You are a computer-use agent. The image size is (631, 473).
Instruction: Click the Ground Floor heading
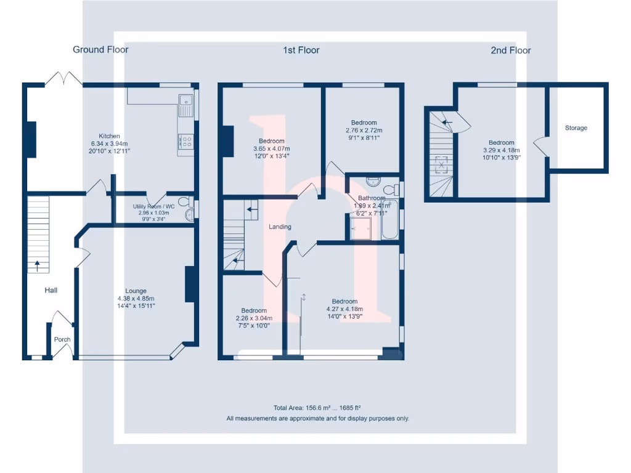(x=100, y=49)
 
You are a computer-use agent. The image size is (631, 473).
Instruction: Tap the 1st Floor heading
(x=301, y=51)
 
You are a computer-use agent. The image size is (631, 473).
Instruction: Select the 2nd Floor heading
(x=511, y=51)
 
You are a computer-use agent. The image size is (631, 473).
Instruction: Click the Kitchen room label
(x=110, y=136)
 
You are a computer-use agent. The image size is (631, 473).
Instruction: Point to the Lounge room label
(x=136, y=291)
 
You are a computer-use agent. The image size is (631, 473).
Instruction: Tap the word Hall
(x=51, y=290)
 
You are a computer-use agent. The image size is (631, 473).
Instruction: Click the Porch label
(x=62, y=339)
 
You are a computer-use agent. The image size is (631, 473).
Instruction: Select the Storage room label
(x=576, y=128)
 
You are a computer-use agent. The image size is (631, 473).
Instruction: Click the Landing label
(x=280, y=227)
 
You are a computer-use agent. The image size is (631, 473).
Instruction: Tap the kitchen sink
(x=186, y=105)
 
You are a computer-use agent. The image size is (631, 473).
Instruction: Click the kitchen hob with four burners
(x=186, y=141)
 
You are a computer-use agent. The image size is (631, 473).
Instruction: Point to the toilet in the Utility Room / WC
(x=186, y=201)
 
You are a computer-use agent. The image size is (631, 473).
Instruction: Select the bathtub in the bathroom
(x=389, y=219)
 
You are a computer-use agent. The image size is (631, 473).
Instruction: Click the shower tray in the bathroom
(x=360, y=228)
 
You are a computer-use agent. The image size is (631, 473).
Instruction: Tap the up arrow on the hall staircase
(x=37, y=266)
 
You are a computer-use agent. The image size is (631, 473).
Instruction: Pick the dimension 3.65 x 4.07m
(x=272, y=148)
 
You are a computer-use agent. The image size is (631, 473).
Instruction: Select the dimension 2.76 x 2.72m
(x=364, y=131)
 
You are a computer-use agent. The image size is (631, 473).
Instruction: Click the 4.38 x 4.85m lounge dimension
(x=136, y=299)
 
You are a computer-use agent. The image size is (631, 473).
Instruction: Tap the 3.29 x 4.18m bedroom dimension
(x=502, y=150)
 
